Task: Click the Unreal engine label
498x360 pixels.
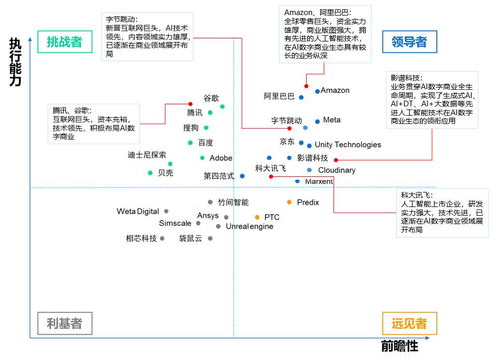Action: point(249,226)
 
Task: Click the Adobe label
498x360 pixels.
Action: point(221,158)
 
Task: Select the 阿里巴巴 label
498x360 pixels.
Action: point(280,95)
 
